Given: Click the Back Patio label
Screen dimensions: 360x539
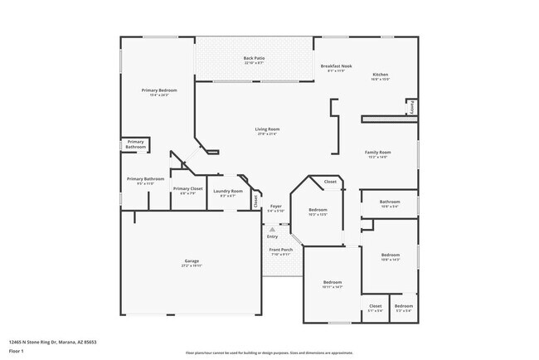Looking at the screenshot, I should point(254,58).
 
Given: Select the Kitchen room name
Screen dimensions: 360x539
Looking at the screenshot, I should point(379,75).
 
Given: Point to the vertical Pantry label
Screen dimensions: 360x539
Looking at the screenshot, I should point(410,106).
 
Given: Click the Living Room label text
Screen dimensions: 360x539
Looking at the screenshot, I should point(266,129).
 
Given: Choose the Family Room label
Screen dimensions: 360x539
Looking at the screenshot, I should point(378,152).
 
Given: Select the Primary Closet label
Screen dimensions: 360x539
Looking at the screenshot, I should point(187,189).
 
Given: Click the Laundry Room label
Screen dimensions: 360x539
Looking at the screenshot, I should point(227,192).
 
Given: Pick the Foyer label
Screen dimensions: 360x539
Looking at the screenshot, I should point(276,206).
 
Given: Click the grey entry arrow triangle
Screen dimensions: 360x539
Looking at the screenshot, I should point(272,229).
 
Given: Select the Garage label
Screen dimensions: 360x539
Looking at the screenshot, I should point(192,261).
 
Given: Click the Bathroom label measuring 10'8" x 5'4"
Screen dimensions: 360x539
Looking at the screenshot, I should point(390,202).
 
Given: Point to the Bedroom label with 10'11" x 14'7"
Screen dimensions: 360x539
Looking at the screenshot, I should point(333,283).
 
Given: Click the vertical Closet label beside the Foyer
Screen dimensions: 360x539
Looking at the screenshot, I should point(255,201).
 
